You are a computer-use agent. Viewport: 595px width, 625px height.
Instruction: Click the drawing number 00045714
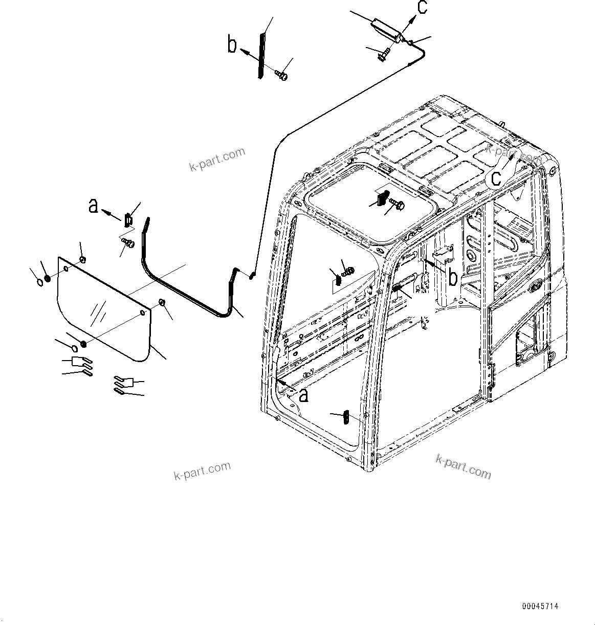540,606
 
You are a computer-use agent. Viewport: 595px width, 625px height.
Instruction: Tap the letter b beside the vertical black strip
232,45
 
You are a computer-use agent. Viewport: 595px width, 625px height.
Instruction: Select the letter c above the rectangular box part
422,9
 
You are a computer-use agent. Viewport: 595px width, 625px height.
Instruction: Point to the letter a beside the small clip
93,206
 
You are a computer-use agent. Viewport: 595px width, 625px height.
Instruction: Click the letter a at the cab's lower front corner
303,394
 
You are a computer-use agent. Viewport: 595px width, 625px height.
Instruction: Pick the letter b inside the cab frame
452,277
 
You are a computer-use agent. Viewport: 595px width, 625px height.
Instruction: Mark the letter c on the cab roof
496,177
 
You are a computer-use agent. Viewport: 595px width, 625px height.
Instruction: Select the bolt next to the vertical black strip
280,75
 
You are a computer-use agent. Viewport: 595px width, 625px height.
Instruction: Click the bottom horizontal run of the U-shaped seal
189,297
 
